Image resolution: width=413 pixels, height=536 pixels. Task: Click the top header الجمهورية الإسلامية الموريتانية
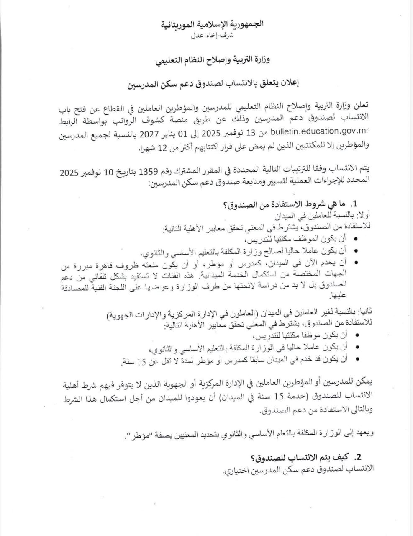pos(213,24)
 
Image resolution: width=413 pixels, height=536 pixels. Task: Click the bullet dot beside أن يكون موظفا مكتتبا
pos(356,336)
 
